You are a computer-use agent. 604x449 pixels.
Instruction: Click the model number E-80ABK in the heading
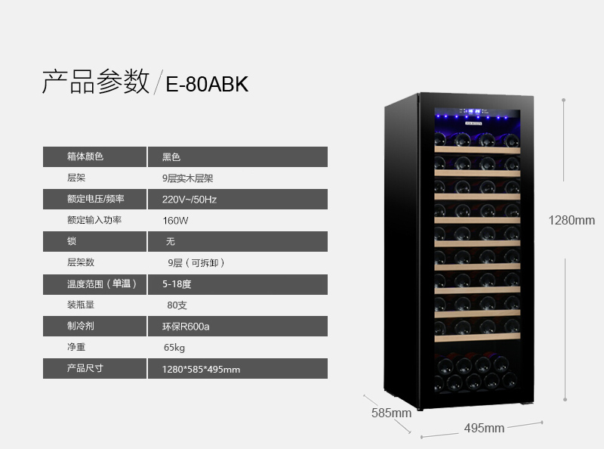(x=207, y=84)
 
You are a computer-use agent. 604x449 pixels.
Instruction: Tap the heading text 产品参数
(x=96, y=82)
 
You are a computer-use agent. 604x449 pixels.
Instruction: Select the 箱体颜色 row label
(x=85, y=156)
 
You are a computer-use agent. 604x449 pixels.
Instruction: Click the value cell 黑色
(x=171, y=157)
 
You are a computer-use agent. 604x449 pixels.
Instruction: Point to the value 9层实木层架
(x=187, y=178)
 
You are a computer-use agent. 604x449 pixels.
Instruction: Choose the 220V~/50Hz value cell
(x=190, y=200)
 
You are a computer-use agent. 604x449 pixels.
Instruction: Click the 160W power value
(x=175, y=221)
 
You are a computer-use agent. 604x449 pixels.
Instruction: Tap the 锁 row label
(x=72, y=241)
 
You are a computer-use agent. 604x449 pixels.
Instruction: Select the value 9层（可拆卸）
(x=196, y=263)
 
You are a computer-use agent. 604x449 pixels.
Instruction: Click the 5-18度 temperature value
(x=177, y=284)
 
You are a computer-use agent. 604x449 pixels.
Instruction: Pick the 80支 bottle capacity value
(x=177, y=305)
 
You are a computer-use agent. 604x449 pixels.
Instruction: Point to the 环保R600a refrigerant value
(x=186, y=327)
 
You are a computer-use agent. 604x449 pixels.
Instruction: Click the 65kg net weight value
(x=174, y=348)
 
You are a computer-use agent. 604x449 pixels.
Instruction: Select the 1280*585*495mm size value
(x=201, y=369)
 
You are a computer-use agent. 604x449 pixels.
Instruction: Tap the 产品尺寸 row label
(x=85, y=368)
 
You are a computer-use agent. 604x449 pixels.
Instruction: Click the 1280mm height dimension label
(x=572, y=220)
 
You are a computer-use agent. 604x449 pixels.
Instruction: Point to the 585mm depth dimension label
(x=391, y=413)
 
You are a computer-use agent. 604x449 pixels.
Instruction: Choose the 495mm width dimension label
(x=484, y=428)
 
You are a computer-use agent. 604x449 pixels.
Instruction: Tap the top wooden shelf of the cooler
(x=477, y=150)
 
